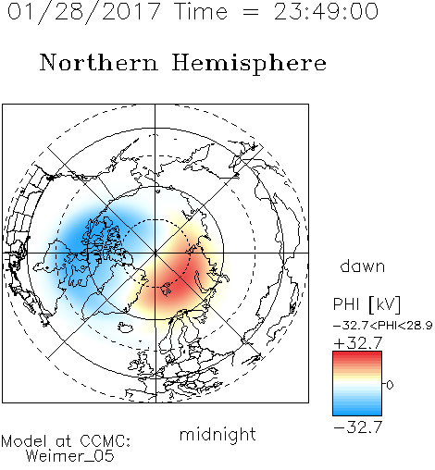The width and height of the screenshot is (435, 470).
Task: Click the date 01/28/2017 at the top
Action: (84, 12)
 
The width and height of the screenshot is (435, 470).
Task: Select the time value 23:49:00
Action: (326, 12)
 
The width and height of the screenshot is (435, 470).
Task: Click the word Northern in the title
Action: (99, 62)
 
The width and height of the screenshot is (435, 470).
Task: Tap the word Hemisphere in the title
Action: (249, 64)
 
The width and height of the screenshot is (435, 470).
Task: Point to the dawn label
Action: (363, 266)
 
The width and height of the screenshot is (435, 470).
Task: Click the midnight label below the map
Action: (217, 435)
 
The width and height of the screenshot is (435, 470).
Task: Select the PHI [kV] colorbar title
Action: (367, 304)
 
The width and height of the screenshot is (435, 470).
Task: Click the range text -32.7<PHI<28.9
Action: (383, 326)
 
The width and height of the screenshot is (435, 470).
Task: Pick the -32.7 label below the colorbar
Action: (358, 427)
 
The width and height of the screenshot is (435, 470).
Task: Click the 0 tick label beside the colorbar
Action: (390, 385)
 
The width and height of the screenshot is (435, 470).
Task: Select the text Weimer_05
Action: (70, 456)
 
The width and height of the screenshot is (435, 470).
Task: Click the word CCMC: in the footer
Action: (105, 441)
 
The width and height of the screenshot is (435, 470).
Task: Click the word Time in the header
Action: (201, 12)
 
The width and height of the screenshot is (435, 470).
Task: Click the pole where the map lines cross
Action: (155, 253)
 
